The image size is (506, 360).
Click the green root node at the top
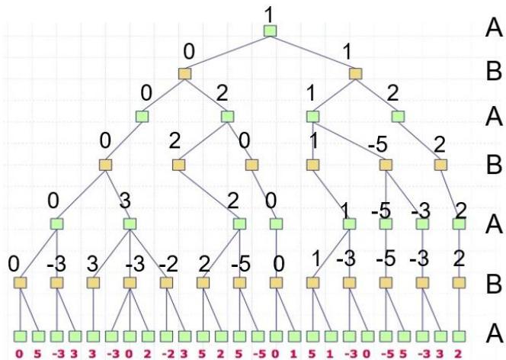(269, 31)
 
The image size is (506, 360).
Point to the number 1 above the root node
(268, 13)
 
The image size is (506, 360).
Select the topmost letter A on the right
(494, 30)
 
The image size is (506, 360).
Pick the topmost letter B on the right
(494, 74)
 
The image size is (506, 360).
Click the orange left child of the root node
(184, 74)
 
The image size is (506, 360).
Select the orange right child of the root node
(355, 74)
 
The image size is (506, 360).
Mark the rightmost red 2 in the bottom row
(460, 353)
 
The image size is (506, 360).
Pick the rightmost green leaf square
(459, 336)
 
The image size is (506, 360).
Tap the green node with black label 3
(130, 224)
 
